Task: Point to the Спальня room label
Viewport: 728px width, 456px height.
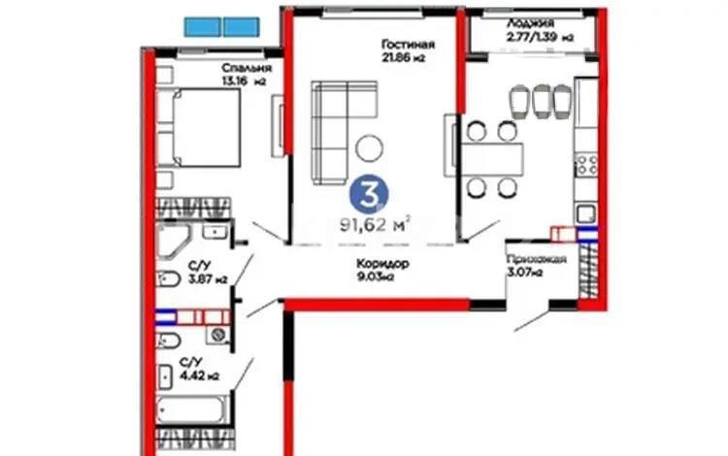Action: point(246,68)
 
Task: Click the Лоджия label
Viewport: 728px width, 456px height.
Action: point(528,22)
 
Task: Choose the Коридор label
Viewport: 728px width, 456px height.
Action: point(375,264)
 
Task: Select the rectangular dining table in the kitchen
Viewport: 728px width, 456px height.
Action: point(490,156)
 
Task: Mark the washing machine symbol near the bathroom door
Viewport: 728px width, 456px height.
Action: point(221,336)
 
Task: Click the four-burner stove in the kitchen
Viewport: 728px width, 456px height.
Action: point(587,164)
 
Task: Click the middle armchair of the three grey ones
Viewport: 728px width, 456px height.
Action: point(541,100)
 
